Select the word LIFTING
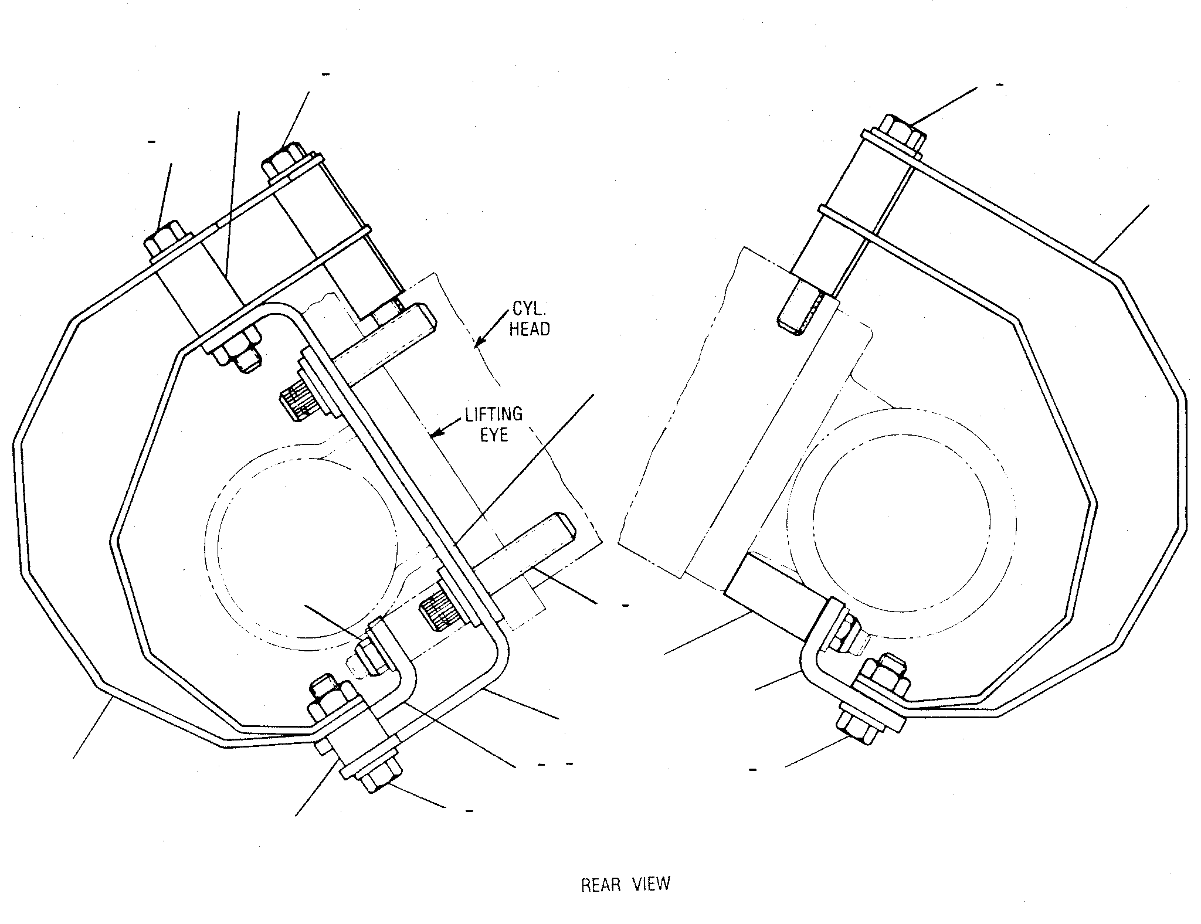493,415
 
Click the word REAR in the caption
601,901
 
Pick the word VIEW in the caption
651,901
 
